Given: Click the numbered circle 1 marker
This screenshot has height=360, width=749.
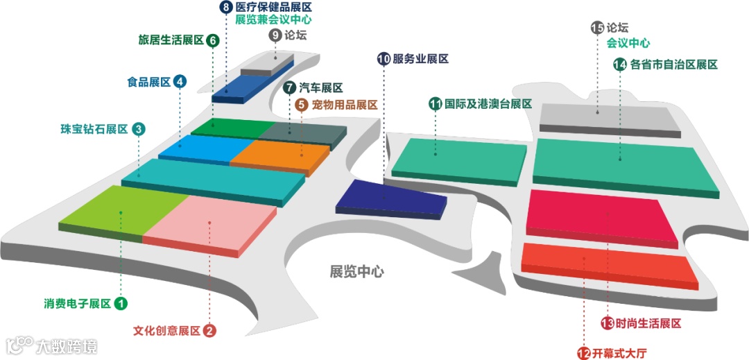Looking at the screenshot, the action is coord(121,303).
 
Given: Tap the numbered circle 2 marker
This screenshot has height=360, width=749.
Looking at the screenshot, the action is coord(209,331).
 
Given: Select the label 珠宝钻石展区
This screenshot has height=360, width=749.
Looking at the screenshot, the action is coord(94,129).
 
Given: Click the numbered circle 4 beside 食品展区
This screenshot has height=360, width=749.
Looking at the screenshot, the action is coord(180,82).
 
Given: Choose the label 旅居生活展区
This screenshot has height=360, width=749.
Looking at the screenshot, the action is coord(171,40).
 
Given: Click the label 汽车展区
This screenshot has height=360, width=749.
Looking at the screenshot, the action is coord(321,88).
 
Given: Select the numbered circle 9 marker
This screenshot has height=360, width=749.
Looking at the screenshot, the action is coord(275,35).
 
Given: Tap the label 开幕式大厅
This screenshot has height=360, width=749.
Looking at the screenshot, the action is coord(619,353).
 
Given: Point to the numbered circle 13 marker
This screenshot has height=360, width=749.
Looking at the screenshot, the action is coord(608,323).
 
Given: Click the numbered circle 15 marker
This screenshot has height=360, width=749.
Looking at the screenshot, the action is coord(597,28).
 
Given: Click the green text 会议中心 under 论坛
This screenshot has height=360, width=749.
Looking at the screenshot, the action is coord(628,43).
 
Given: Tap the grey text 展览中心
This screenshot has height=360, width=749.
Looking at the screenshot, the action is coord(356,271).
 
